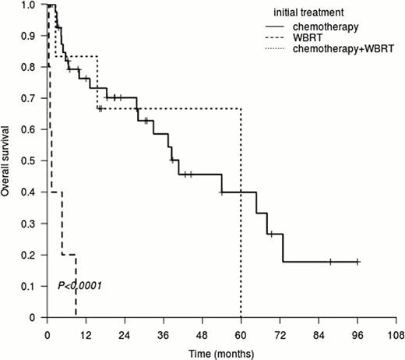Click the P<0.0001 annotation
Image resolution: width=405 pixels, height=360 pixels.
80,287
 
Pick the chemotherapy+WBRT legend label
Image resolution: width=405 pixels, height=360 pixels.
342,48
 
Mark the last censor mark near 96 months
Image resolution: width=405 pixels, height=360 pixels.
357,262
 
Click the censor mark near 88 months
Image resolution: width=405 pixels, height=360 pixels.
330,262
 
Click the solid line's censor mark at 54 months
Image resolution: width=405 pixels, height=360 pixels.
222,192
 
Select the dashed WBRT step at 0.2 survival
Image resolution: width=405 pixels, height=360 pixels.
69,255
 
